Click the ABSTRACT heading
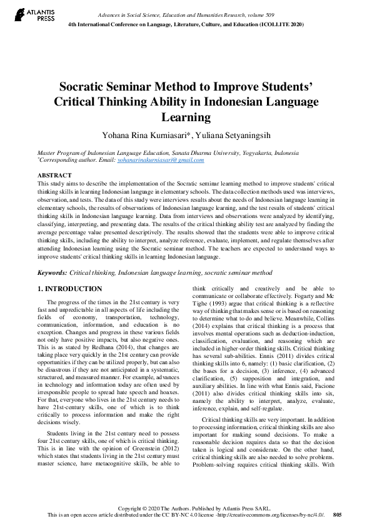tap(54, 176)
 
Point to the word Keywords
tap(52, 273)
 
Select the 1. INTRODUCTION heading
tap(70, 289)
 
